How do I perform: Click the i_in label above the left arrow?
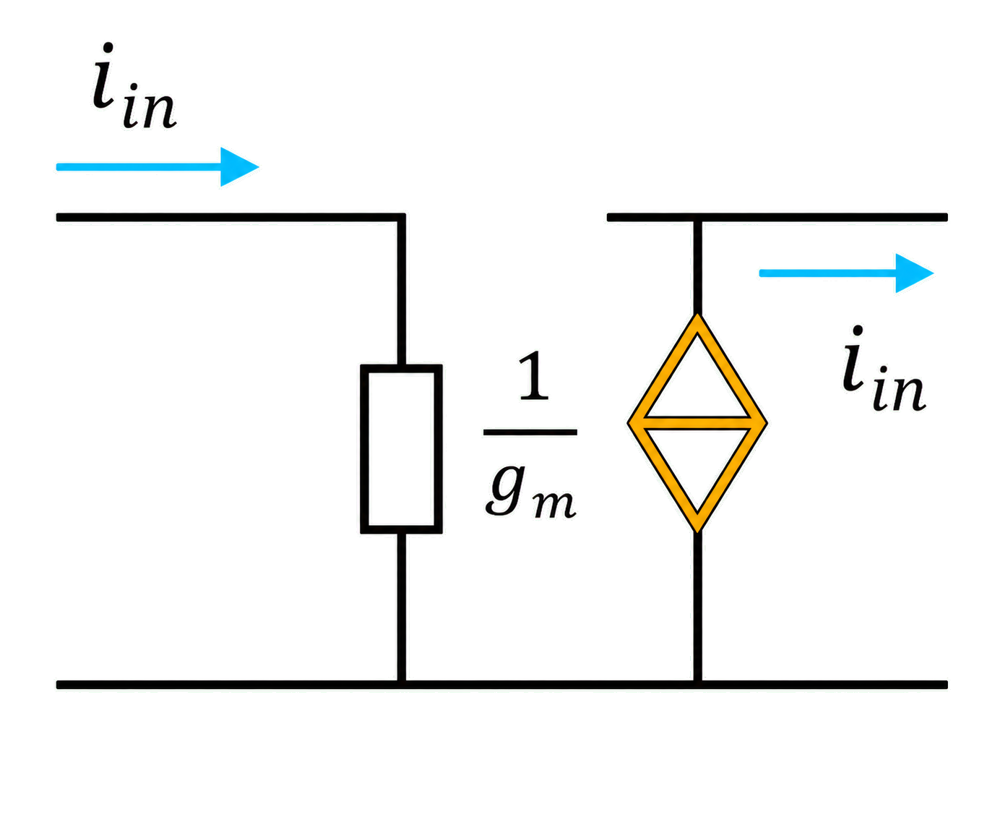point(134,85)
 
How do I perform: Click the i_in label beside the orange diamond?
point(883,368)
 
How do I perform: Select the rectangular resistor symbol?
point(401,448)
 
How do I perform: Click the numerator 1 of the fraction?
point(533,375)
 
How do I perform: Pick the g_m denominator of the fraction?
point(530,491)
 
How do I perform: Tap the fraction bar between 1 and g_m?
point(530,432)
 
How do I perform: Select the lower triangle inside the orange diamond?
point(697,469)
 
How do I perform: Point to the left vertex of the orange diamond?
point(628,423)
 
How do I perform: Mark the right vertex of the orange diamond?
point(766,423)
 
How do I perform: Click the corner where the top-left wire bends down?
point(401,218)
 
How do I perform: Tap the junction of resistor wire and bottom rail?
point(401,685)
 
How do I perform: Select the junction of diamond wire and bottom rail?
point(697,685)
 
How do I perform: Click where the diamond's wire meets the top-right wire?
point(697,218)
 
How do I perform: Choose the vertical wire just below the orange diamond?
point(697,607)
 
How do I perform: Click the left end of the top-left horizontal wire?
point(58,218)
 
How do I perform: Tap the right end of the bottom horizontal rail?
point(946,685)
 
